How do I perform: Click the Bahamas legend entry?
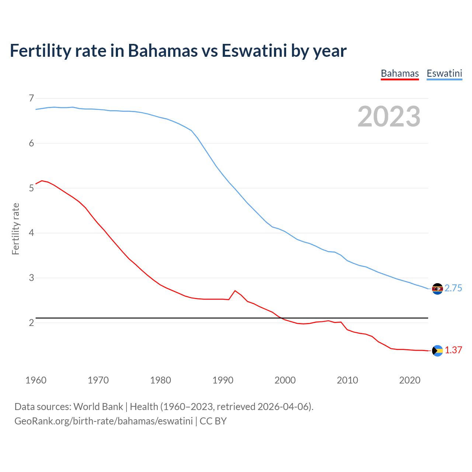(400, 73)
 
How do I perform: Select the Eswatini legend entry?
(444, 73)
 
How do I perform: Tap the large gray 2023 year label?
(389, 117)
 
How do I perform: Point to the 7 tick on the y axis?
(31, 98)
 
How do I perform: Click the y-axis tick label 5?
(31, 188)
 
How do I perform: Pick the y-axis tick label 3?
(31, 278)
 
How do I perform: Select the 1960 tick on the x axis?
(36, 380)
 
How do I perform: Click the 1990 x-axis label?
(223, 380)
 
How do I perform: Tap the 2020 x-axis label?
(410, 380)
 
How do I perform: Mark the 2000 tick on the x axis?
(285, 380)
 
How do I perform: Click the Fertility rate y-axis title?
(15, 229)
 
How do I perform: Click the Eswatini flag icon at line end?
(437, 289)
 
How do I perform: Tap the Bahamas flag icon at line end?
(437, 351)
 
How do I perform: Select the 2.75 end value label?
(453, 288)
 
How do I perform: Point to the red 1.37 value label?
(453, 350)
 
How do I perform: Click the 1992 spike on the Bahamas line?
(235, 291)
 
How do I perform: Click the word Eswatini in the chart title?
(254, 51)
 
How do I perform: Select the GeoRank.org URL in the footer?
(104, 421)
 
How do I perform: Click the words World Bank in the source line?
(98, 407)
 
